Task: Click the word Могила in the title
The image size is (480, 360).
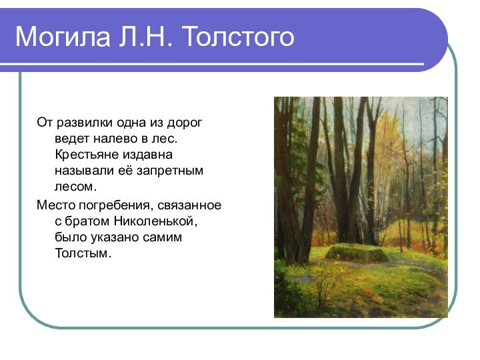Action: [56, 37]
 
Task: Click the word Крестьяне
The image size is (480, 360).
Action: [84, 155]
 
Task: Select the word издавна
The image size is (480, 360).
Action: [145, 155]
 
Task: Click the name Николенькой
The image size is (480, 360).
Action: [155, 221]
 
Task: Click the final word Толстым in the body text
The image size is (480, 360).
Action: [81, 253]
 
